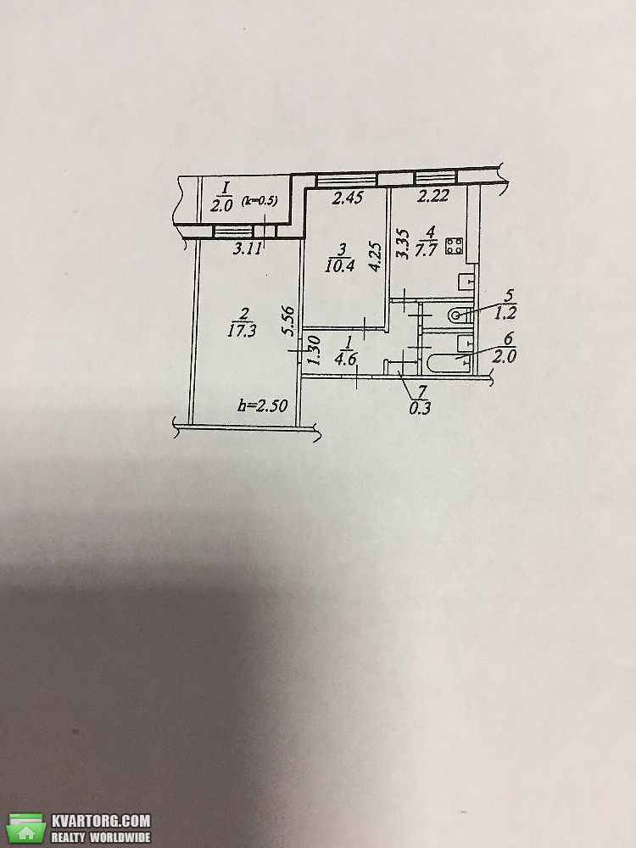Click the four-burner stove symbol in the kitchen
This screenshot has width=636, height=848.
pyautogui.click(x=455, y=247)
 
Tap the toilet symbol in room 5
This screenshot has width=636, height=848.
pyautogui.click(x=459, y=315)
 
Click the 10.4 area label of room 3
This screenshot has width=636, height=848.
pyautogui.click(x=340, y=265)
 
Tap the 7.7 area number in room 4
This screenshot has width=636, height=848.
pyautogui.click(x=426, y=250)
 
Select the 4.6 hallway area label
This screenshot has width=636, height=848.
pyautogui.click(x=345, y=358)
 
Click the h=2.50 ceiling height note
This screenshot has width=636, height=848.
pyautogui.click(x=263, y=405)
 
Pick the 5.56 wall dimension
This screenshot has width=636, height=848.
pyautogui.click(x=288, y=321)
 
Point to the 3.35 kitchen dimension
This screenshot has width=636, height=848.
pyautogui.click(x=403, y=244)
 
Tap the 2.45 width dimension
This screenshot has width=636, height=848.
pyautogui.click(x=347, y=198)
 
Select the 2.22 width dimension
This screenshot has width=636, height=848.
pyautogui.click(x=433, y=196)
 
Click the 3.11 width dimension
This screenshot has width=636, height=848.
pyautogui.click(x=247, y=248)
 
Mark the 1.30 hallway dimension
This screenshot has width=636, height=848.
pyautogui.click(x=315, y=350)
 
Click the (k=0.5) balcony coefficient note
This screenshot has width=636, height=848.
pyautogui.click(x=259, y=201)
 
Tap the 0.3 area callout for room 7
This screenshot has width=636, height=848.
pyautogui.click(x=420, y=408)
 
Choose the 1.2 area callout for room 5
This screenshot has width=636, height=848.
pyautogui.click(x=506, y=313)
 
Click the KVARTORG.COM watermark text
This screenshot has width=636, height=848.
pyautogui.click(x=101, y=820)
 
